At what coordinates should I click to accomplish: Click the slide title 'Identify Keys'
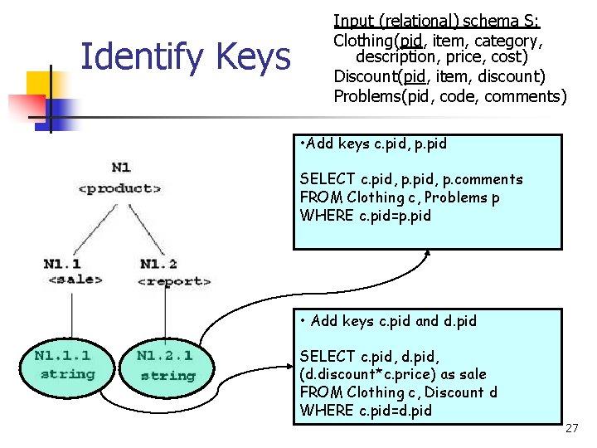[x=185, y=58]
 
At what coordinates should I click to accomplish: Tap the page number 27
[x=571, y=428]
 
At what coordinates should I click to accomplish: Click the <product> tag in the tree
[x=120, y=188]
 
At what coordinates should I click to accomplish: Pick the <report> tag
[x=173, y=281]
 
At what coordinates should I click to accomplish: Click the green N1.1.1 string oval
[x=64, y=364]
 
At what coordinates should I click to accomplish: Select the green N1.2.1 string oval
[x=166, y=365]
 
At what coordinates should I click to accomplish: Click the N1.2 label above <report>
[x=158, y=264]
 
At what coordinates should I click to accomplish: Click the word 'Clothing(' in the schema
[x=365, y=41]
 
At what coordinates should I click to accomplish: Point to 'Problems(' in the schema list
[x=366, y=96]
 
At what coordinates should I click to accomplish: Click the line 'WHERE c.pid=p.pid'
[x=366, y=216]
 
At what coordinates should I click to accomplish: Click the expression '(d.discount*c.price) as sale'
[x=393, y=374]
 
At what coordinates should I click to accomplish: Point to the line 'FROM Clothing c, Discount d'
[x=398, y=392]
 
